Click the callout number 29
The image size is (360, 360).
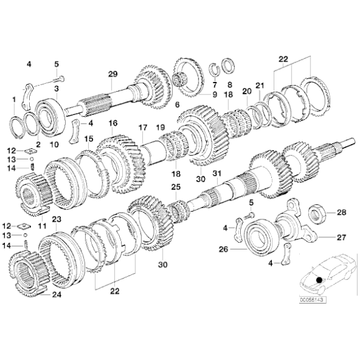(x=112, y=74)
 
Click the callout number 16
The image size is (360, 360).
(x=113, y=124)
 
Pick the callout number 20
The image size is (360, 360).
(x=246, y=91)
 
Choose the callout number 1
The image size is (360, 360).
(x=14, y=99)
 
